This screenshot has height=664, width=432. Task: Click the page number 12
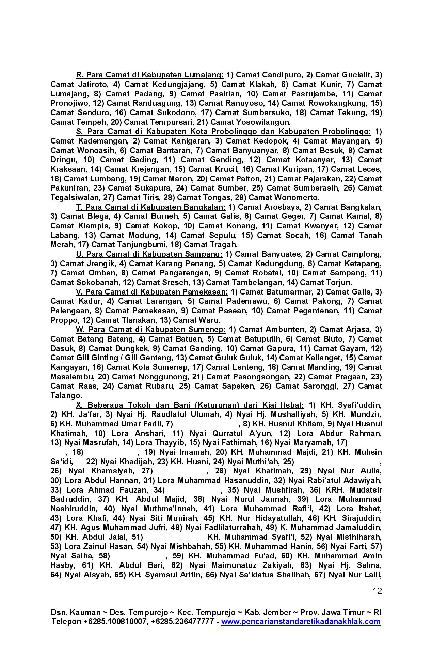coord(377,591)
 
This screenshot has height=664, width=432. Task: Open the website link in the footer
coord(301,621)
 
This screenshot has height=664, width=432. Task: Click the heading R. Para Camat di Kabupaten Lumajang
coord(149,75)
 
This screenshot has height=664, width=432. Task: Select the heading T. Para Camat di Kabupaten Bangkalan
coord(150,207)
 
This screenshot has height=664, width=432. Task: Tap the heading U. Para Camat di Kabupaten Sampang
coord(149,254)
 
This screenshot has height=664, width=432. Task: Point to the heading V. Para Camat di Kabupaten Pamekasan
coord(151,292)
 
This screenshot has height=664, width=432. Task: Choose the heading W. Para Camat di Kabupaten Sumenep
coord(150,329)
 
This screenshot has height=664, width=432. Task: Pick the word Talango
coord(66,395)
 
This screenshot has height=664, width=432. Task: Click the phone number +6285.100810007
coord(115,621)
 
